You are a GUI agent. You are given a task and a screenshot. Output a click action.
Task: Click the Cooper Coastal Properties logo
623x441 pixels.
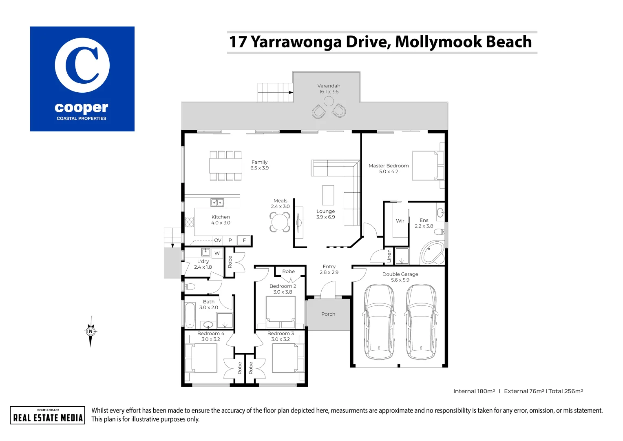pos(82,79)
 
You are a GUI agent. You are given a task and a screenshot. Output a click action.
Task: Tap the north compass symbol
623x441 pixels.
pos(91,331)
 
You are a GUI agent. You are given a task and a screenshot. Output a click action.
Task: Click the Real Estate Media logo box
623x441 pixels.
pos(48,415)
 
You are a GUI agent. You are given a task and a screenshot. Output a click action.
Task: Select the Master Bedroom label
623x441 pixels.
pos(389,166)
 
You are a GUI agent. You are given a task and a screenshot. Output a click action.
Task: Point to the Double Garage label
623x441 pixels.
pos(400,274)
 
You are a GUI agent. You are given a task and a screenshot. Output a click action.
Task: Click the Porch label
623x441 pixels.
pos(328,314)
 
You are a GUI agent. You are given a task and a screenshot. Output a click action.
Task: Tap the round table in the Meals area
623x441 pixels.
pos(280,222)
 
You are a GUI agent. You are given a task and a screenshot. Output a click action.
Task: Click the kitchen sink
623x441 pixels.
pos(217,203)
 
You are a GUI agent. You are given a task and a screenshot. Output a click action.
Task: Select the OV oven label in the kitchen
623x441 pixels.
pos(218,240)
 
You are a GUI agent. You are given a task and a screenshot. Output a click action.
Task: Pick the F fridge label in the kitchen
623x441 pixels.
pos(244,240)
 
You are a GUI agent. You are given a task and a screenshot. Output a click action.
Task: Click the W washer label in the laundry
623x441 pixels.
pos(217,253)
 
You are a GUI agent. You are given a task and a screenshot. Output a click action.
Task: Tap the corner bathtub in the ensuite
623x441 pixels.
pos(432,252)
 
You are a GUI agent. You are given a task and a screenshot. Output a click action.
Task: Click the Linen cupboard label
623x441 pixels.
pos(389,256)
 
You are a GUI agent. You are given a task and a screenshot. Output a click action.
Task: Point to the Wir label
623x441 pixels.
pos(400,221)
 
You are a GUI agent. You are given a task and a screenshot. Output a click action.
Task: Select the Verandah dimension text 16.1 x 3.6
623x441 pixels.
pos(329,91)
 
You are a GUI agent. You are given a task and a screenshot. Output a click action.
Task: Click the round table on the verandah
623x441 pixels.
pos(329,101)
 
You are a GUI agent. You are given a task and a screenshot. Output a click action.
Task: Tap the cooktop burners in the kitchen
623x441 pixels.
pos(190,222)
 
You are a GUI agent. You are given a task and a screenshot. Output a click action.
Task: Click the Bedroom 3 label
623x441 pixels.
pos(281,334)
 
